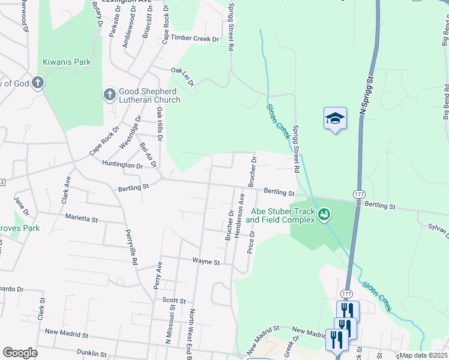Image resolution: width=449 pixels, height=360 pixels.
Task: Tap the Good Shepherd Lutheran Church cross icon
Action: (x=109, y=94)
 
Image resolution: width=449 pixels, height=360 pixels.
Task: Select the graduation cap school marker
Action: (x=335, y=118)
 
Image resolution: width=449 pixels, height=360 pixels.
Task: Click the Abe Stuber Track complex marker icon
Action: (x=324, y=214)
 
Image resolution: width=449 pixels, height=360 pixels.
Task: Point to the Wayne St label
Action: (x=206, y=262)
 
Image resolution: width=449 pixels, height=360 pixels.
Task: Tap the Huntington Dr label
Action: (x=122, y=164)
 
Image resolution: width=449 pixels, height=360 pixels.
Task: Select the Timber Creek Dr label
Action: (x=195, y=38)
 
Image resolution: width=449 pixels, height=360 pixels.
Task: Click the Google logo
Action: (x=20, y=353)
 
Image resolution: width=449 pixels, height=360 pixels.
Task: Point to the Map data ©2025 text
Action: (x=423, y=355)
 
